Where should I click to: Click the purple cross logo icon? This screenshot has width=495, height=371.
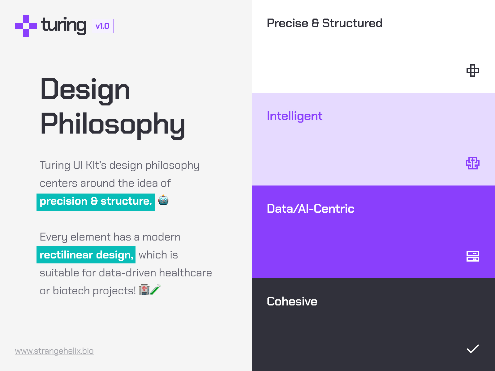(26, 26)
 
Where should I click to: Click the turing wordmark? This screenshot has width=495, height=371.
(64, 26)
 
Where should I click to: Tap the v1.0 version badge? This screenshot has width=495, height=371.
(103, 26)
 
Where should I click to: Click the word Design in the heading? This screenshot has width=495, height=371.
(85, 89)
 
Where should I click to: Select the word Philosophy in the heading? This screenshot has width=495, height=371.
(113, 125)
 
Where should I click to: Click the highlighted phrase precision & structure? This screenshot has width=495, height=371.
(96, 202)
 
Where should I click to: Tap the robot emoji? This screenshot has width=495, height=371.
(163, 200)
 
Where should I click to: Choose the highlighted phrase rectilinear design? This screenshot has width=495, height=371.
(86, 255)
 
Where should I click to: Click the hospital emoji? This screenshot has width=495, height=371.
(144, 290)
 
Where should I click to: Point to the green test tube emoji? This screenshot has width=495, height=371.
(155, 290)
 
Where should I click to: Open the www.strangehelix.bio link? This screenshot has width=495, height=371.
(54, 351)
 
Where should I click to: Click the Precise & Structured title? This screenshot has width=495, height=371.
(325, 23)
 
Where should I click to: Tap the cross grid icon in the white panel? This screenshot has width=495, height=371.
(472, 70)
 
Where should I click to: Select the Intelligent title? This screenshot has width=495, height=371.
(295, 116)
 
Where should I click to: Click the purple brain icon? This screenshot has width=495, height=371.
(472, 163)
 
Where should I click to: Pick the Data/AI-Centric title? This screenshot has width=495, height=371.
(310, 209)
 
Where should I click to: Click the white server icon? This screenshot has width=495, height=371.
(472, 256)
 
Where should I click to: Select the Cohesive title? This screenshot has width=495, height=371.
(292, 301)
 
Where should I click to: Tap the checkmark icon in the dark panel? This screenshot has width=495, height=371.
(472, 349)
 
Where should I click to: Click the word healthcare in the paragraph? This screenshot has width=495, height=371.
(185, 273)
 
